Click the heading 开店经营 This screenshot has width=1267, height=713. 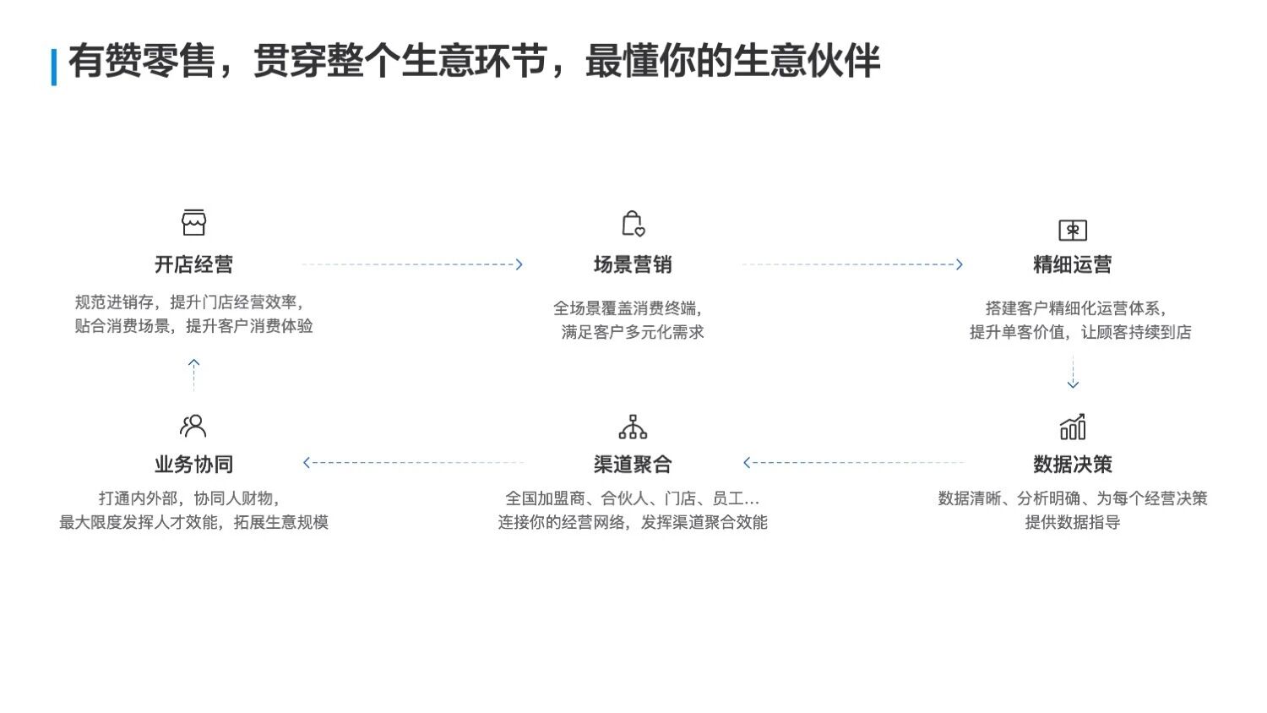tap(193, 264)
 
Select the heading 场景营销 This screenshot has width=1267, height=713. tap(633, 264)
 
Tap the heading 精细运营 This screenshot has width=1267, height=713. tap(1072, 264)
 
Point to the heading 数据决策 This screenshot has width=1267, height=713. tap(1072, 464)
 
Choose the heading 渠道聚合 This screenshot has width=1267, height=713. tap(633, 464)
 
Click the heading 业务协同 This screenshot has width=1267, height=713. tap(193, 464)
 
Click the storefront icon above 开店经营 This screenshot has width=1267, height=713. tap(193, 223)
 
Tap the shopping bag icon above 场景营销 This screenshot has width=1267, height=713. tap(633, 224)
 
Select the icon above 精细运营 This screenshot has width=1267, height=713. tap(1072, 230)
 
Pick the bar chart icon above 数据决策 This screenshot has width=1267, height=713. tap(1072, 427)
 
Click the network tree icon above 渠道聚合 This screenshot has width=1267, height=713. tap(633, 427)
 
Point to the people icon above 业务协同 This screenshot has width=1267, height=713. tap(193, 426)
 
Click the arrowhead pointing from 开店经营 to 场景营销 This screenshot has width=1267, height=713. tap(519, 264)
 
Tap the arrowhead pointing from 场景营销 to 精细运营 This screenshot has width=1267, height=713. tap(958, 264)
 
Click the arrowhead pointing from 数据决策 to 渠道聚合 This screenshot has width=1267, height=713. tap(748, 462)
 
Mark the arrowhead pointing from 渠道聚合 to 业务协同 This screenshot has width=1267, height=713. tap(307, 462)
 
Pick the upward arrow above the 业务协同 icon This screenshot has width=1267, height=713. tap(193, 364)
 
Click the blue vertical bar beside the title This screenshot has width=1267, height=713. tap(54, 67)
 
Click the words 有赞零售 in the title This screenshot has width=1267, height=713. tap(140, 62)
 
